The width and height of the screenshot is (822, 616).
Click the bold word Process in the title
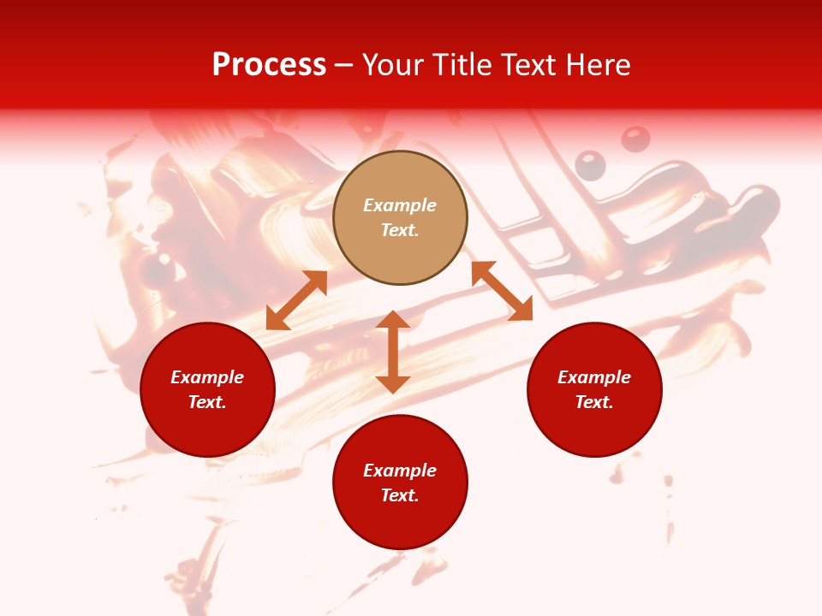point(269,65)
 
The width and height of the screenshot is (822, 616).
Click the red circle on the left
point(207,389)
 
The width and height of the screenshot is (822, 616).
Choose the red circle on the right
point(594,389)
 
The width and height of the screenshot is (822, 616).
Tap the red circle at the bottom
point(400,482)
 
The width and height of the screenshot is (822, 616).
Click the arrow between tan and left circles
point(296,300)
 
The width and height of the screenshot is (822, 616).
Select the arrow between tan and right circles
point(502,291)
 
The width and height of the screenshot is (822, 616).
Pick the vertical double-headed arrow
point(393,352)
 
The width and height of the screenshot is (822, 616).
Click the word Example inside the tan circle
point(400,205)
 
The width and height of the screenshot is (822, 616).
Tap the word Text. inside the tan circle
point(400,230)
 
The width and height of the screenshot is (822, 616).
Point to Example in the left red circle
point(207,377)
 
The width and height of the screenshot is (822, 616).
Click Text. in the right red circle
point(594,402)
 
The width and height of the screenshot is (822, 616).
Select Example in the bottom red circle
point(400,471)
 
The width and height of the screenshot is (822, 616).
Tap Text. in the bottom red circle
point(400,495)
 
